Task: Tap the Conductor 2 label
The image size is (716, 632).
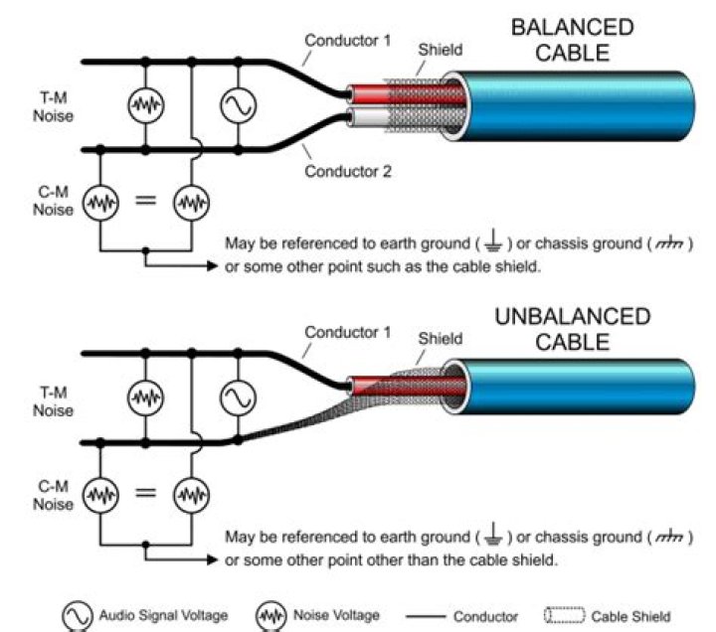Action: click(348, 171)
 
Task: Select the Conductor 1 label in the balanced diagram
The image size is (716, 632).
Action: click(348, 41)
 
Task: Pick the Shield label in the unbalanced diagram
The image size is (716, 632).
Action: click(440, 338)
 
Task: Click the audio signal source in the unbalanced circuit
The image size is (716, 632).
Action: click(238, 397)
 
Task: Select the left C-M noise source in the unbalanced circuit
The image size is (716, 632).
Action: click(99, 492)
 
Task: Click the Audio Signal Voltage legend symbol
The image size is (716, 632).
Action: click(77, 616)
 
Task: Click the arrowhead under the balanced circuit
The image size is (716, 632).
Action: click(211, 267)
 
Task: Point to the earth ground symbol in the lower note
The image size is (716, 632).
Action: click(493, 538)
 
